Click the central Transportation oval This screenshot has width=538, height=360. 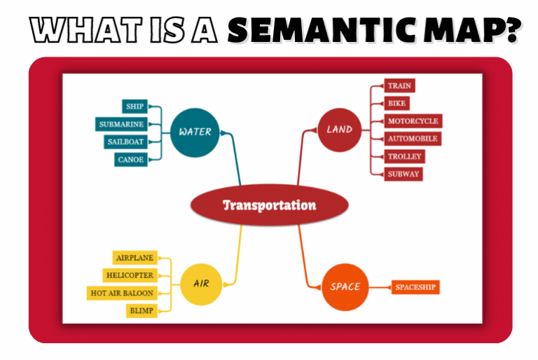click(x=269, y=206)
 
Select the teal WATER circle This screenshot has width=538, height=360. click(x=195, y=132)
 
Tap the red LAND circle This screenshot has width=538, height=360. click(x=339, y=130)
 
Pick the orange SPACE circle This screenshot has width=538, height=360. click(x=345, y=286)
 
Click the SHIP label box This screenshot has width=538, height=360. click(x=134, y=106)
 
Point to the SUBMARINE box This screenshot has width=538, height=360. click(x=121, y=125)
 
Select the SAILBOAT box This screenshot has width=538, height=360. click(x=125, y=142)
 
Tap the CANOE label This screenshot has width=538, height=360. click(x=131, y=160)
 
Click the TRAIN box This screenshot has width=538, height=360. click(x=400, y=86)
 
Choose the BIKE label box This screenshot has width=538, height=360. click(x=397, y=104)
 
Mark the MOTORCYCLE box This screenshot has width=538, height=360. click(x=413, y=121)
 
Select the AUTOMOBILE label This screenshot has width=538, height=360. click(x=413, y=139)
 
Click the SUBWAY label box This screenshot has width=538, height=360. click(x=404, y=174)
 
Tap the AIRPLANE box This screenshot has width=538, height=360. click(x=135, y=258)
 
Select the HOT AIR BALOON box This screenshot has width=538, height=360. click(x=122, y=293)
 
